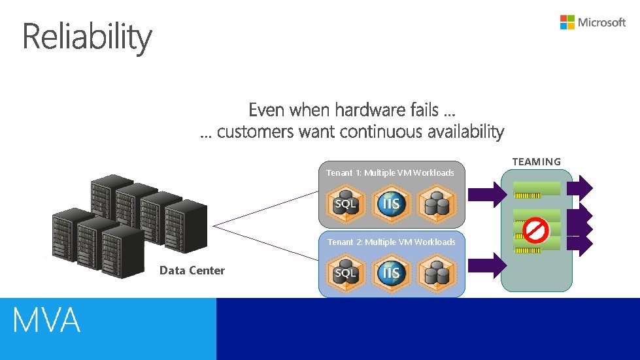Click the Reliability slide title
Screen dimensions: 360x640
tap(87, 37)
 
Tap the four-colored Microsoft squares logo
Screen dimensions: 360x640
tap(567, 22)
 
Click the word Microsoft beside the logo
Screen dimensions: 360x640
tap(601, 22)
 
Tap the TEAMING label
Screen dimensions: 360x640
tap(536, 161)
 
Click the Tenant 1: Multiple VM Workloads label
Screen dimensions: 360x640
tap(390, 172)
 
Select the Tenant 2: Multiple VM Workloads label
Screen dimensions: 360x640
tap(391, 242)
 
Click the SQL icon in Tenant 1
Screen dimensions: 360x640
tap(345, 203)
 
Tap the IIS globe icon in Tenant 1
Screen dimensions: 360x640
tap(391, 203)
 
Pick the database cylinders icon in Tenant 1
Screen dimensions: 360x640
tap(435, 203)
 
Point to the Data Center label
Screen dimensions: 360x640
tap(192, 270)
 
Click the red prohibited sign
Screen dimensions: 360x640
tap(536, 231)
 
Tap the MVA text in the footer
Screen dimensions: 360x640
tap(46, 321)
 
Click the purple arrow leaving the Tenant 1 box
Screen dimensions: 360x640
tap(487, 192)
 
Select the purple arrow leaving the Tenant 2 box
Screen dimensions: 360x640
tap(487, 265)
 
